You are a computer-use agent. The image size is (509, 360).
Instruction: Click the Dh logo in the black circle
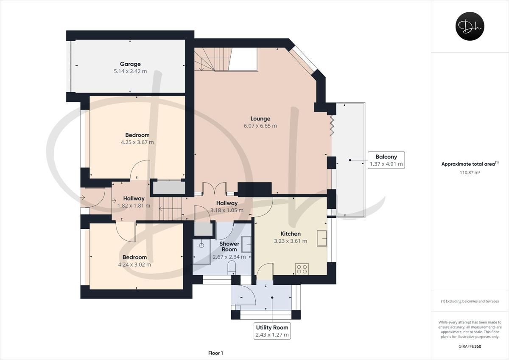click(470, 26)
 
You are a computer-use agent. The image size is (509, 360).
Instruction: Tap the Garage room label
click(130, 64)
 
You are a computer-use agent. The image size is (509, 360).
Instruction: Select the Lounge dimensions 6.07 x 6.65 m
click(260, 126)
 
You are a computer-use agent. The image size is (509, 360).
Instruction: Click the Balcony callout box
click(386, 160)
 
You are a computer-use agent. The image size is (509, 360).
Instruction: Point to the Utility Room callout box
click(272, 331)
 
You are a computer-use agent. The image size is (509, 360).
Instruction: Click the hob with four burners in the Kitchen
click(302, 269)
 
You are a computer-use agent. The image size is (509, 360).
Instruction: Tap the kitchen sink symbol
click(322, 238)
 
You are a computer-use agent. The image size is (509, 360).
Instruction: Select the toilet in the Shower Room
click(232, 268)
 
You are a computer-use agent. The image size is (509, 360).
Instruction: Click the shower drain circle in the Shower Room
click(201, 245)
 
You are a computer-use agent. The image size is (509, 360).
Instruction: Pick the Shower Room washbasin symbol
click(246, 244)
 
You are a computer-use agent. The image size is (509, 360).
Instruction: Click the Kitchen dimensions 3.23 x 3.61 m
click(291, 241)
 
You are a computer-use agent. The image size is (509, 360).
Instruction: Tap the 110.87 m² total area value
click(470, 172)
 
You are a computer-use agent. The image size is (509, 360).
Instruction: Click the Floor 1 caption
click(215, 353)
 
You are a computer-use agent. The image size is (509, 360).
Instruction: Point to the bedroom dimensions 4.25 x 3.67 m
click(137, 142)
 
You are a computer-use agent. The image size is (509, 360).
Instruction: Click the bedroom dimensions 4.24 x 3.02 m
click(134, 265)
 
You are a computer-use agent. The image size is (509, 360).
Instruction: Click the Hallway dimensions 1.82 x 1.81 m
click(134, 206)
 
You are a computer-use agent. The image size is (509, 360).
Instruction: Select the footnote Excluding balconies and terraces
click(470, 301)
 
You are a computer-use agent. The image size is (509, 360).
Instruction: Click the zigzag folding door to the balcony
click(332, 126)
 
